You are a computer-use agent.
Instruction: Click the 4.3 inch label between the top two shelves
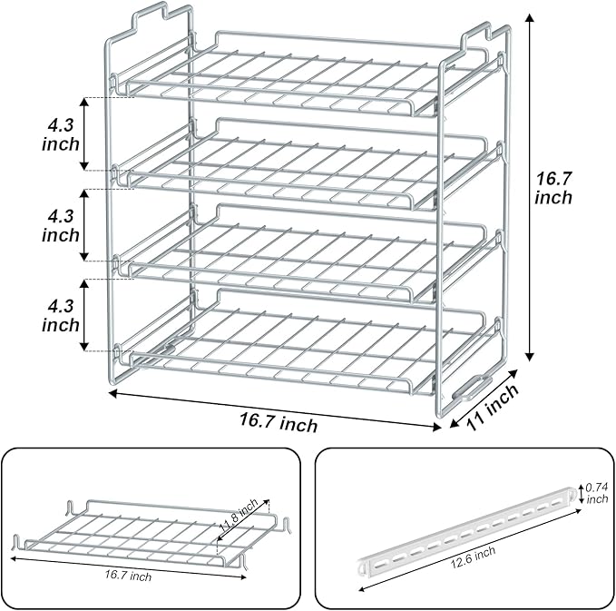pyautogui.click(x=61, y=132)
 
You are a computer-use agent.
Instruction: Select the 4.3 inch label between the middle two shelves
pyautogui.click(x=61, y=226)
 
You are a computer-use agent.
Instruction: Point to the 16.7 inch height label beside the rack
pyautogui.click(x=553, y=188)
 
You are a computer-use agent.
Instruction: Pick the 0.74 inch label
pyautogui.click(x=597, y=491)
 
